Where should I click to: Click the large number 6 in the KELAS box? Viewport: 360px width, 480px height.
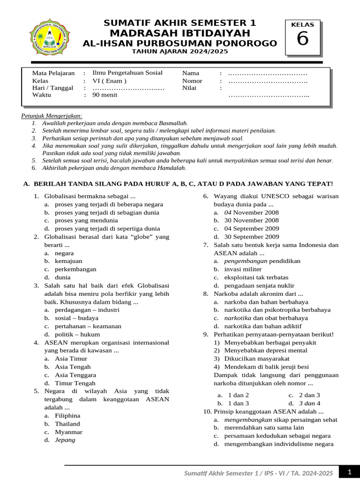click(303, 39)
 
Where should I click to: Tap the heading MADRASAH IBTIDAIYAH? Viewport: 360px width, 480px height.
click(180, 33)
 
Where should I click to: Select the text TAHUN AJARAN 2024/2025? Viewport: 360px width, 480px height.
click(180, 52)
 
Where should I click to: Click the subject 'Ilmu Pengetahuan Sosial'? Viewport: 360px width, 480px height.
click(127, 73)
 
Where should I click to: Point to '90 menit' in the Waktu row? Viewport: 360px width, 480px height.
click(105, 95)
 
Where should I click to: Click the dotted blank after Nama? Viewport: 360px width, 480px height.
click(267, 73)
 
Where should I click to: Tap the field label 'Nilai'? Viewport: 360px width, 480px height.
click(190, 88)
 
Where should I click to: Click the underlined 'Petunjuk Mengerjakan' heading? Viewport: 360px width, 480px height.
click(52, 116)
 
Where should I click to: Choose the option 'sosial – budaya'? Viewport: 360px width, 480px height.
click(76, 318)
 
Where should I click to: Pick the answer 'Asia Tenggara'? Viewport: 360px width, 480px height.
click(75, 375)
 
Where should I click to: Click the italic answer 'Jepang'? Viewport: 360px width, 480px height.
click(65, 440)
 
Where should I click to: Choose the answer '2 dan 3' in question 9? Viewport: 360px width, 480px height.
click(309, 395)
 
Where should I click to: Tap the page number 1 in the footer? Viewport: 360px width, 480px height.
click(349, 472)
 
